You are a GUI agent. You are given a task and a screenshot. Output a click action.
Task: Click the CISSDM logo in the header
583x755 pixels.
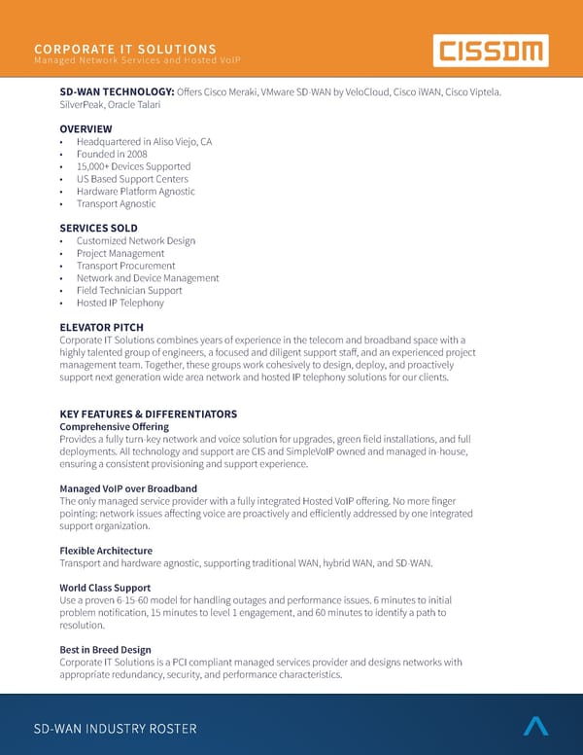coord(490,50)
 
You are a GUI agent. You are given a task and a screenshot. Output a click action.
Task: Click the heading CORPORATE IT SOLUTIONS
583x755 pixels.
coord(125,49)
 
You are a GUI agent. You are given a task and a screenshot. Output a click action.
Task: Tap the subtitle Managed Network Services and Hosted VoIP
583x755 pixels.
coord(136,62)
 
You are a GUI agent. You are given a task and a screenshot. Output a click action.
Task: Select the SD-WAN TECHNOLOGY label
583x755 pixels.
coord(117,91)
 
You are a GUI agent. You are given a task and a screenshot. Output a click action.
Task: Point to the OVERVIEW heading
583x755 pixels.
coord(86,128)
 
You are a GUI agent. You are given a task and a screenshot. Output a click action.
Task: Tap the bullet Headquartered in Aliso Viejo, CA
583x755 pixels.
coord(144,142)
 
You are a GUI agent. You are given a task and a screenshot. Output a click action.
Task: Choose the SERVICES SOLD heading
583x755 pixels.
coord(98,228)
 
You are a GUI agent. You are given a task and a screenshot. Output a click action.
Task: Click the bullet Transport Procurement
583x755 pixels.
coord(125,266)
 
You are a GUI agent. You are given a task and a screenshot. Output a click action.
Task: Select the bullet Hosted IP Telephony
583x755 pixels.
coord(120,303)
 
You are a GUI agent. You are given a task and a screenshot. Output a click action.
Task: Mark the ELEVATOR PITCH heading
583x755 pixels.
coord(101,327)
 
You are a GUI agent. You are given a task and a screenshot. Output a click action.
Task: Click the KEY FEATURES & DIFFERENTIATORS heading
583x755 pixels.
coord(148,413)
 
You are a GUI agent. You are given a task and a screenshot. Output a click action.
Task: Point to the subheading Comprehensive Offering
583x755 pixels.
coord(114,426)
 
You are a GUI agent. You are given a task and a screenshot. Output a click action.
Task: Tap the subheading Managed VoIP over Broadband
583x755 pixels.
coord(128,488)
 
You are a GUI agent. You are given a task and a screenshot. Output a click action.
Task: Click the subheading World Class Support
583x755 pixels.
coord(105,588)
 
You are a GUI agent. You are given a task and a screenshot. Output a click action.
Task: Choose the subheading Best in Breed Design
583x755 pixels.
coord(105,650)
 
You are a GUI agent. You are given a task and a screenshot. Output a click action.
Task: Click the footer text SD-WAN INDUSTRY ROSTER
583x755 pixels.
coord(115,729)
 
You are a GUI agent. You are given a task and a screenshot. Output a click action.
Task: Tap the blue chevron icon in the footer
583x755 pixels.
coord(536,725)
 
